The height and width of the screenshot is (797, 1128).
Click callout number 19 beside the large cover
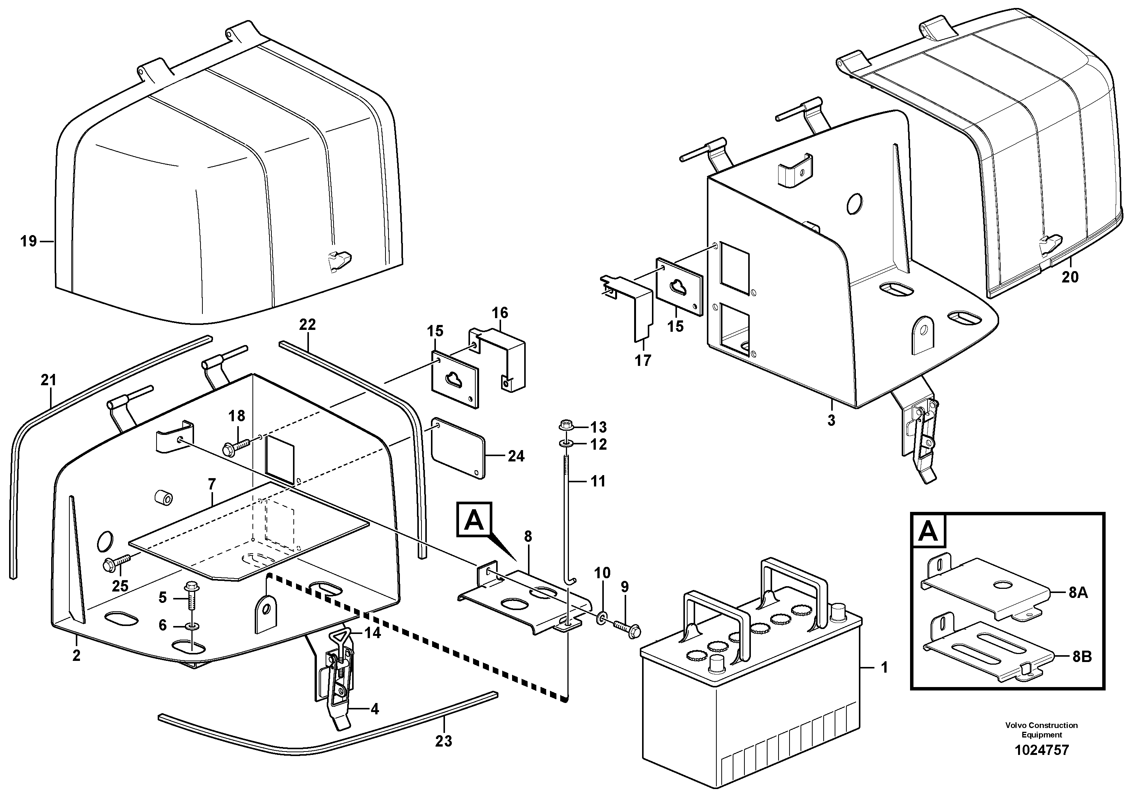28,241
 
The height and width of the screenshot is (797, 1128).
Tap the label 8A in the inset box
1078,593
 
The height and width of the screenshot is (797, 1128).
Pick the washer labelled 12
566,444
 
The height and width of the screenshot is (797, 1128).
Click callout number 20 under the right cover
1070,277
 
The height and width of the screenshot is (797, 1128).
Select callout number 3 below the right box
831,420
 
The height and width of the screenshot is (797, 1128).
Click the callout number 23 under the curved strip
443,741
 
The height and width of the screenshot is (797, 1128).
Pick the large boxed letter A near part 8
474,519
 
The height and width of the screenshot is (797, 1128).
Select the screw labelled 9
625,628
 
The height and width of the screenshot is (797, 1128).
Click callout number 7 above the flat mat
212,485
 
